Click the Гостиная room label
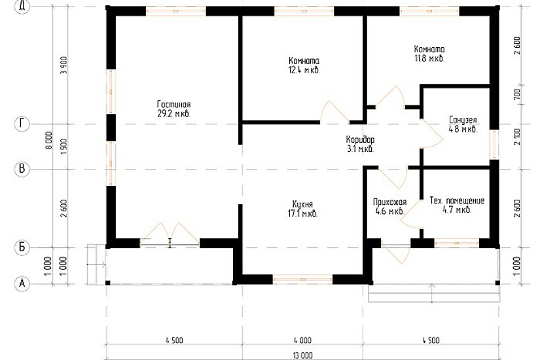tap(173, 104)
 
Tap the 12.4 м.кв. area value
tap(304, 71)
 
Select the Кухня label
tap(302, 204)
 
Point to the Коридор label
tap(360, 140)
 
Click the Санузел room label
tap(463, 120)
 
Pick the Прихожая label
tap(390, 202)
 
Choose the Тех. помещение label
tap(457, 201)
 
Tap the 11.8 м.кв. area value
tap(429, 58)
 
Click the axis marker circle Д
tap(22, 7)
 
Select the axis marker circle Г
tap(22, 124)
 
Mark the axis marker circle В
tap(22, 169)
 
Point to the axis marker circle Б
tap(22, 247)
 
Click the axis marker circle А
tap(22, 283)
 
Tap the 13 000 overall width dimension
tap(302, 355)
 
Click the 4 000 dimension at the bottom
tap(302, 340)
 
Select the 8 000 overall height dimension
tap(48, 140)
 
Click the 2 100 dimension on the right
tap(517, 136)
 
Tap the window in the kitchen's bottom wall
tap(302, 279)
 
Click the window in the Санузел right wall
tap(494, 145)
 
